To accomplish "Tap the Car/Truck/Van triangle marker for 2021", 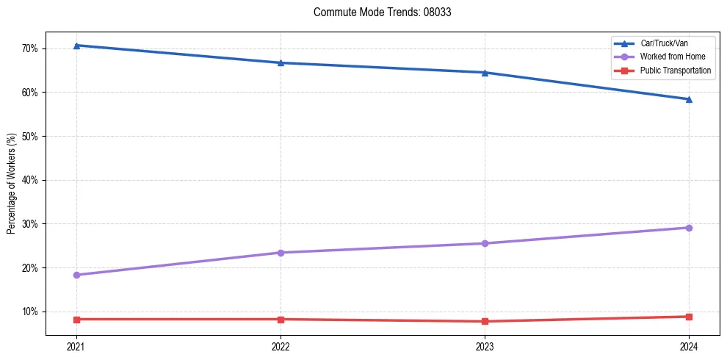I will tap(76, 46).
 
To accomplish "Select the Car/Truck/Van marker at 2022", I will tap(281, 62).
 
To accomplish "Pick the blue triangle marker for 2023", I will tap(485, 73).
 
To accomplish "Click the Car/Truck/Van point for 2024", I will tap(689, 99).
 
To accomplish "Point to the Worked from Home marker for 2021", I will tap(76, 275).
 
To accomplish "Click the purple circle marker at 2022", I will tap(281, 253).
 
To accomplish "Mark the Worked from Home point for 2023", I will tap(485, 243).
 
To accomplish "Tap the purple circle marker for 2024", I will tap(689, 228).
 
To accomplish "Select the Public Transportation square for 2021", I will tap(76, 319).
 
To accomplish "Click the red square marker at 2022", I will tap(281, 319).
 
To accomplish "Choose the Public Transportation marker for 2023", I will tap(485, 321).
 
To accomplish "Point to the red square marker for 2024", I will tap(689, 317).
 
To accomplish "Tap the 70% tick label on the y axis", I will tap(35, 48).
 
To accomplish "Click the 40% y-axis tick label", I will tap(35, 180).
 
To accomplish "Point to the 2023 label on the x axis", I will tap(485, 345).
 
